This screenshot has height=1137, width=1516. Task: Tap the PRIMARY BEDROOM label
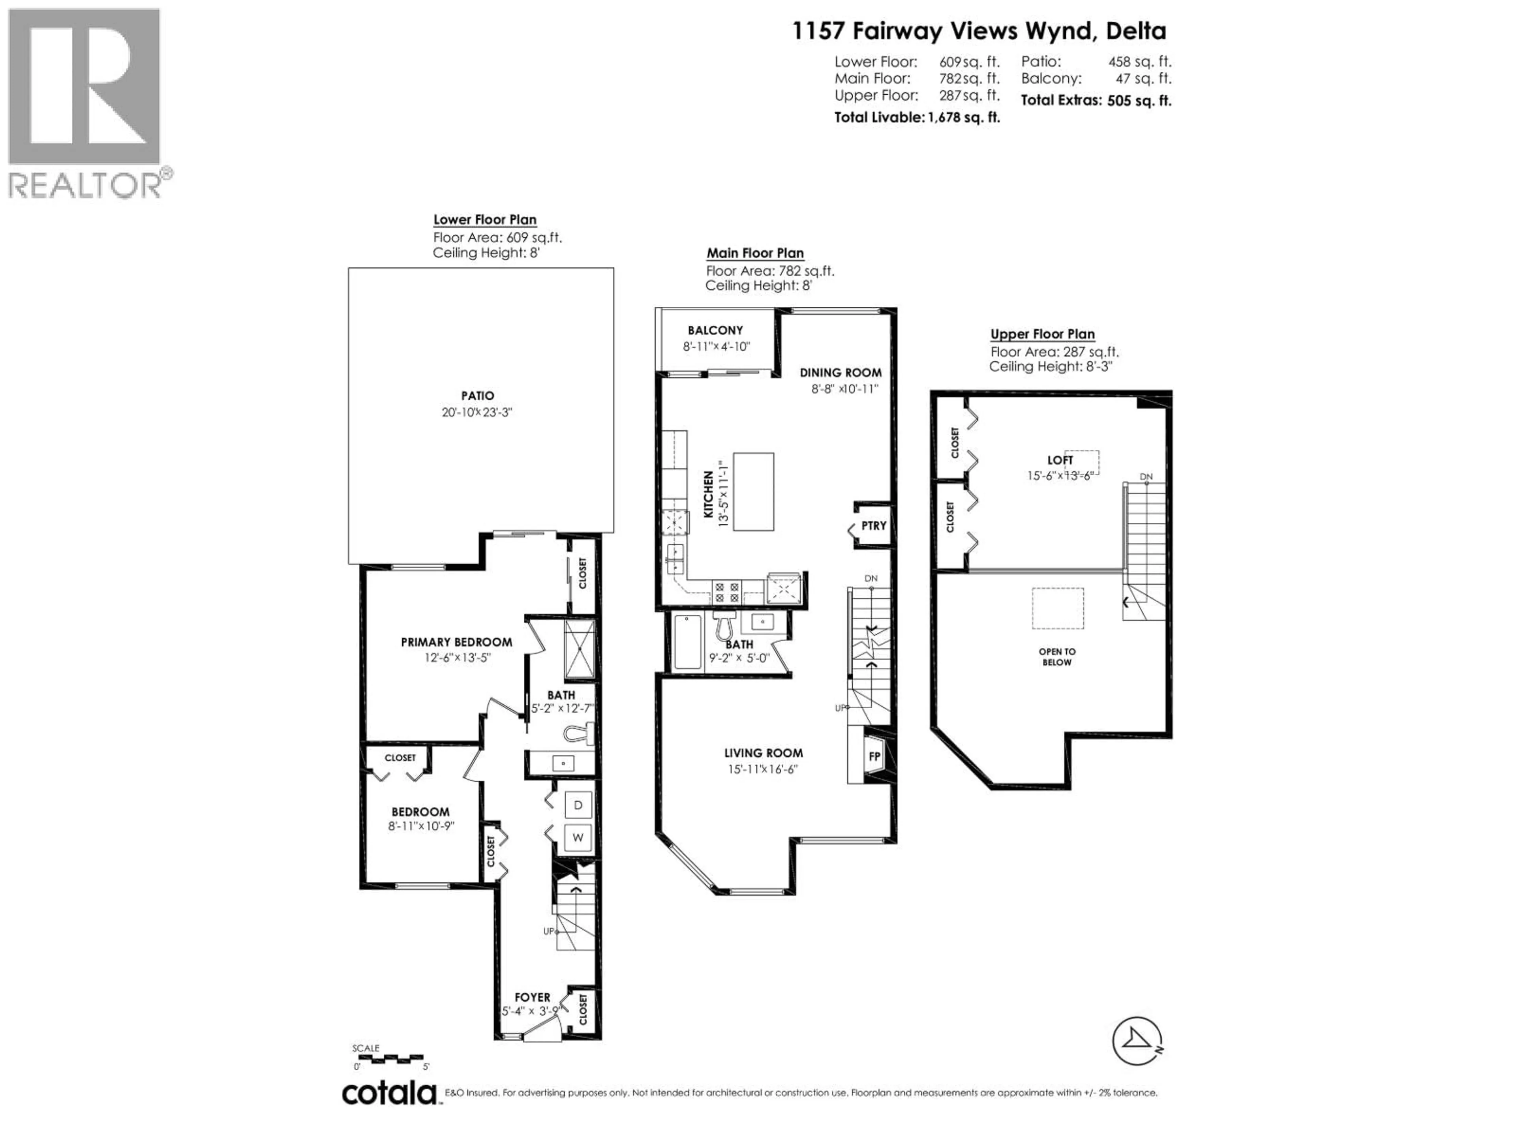(456, 642)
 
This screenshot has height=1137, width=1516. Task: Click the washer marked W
(578, 837)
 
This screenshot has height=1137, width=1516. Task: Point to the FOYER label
(533, 997)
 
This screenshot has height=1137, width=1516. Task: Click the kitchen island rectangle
(753, 492)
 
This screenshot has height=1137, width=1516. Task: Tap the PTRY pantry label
(874, 526)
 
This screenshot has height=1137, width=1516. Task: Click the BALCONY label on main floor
(715, 330)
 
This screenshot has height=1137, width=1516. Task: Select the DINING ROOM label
(840, 373)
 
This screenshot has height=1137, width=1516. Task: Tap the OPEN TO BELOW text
(1057, 657)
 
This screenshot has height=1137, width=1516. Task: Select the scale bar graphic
(390, 1059)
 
